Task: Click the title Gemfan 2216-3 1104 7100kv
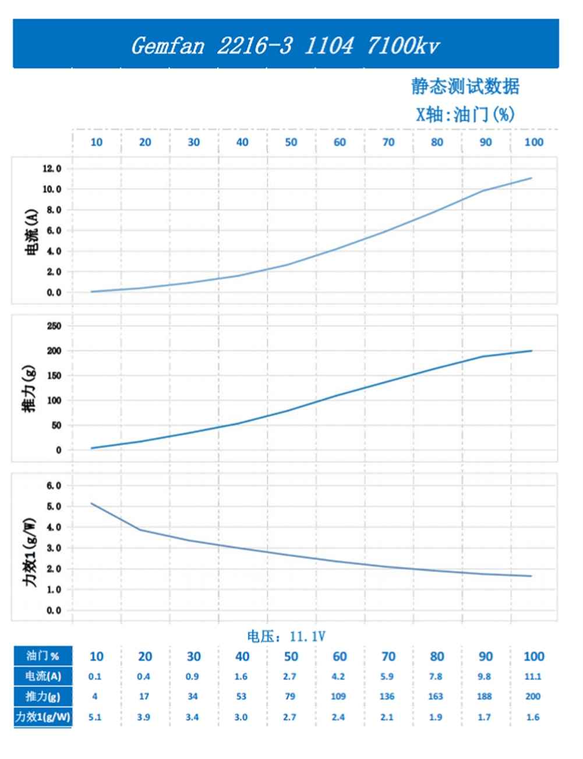(285, 45)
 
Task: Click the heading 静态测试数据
(465, 87)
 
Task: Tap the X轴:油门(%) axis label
(465, 114)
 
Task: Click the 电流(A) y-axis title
(33, 233)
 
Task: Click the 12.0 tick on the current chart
(51, 169)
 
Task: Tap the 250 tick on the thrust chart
(54, 326)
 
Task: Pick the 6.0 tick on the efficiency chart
(54, 485)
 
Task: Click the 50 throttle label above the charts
(291, 143)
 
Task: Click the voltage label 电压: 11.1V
(285, 637)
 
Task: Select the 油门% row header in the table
(43, 656)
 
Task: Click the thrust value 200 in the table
(533, 697)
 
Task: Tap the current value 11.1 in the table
(533, 676)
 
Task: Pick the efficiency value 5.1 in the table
(95, 717)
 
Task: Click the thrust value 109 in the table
(338, 697)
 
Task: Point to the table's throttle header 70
(388, 657)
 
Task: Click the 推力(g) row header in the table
(43, 697)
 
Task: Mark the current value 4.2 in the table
(338, 676)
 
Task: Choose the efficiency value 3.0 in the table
(241, 717)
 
